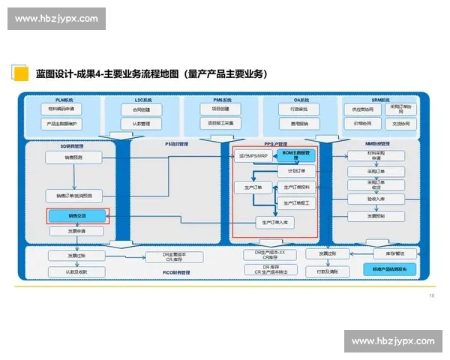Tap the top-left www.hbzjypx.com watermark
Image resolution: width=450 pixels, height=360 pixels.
(57, 18)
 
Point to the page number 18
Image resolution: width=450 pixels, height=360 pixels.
(431, 295)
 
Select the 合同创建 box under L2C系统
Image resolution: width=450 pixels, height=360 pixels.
(142, 109)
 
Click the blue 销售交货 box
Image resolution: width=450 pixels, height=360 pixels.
(77, 216)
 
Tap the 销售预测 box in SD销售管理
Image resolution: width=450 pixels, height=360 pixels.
(73, 158)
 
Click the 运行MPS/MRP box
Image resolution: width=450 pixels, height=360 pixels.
(251, 156)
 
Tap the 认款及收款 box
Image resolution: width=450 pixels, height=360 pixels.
(77, 271)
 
